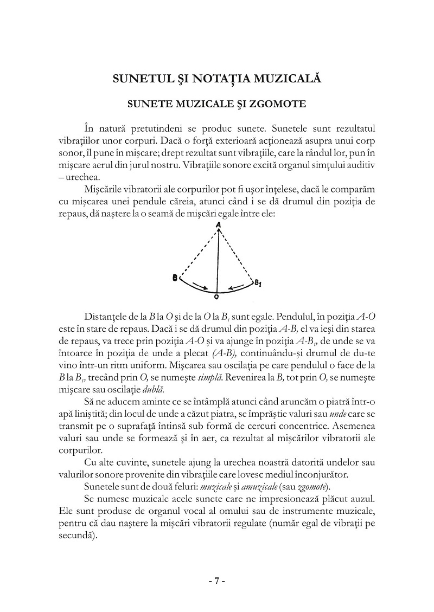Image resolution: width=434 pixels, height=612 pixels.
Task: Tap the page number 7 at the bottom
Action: coord(217,580)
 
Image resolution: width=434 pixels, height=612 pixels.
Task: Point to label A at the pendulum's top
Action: coord(218,224)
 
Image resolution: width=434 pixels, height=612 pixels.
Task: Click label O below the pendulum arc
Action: coord(216,298)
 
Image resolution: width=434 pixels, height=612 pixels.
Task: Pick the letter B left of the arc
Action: coord(175,278)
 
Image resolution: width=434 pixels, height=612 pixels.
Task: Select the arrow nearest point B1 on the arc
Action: coord(234,286)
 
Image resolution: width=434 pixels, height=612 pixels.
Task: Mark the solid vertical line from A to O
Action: coord(218,260)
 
